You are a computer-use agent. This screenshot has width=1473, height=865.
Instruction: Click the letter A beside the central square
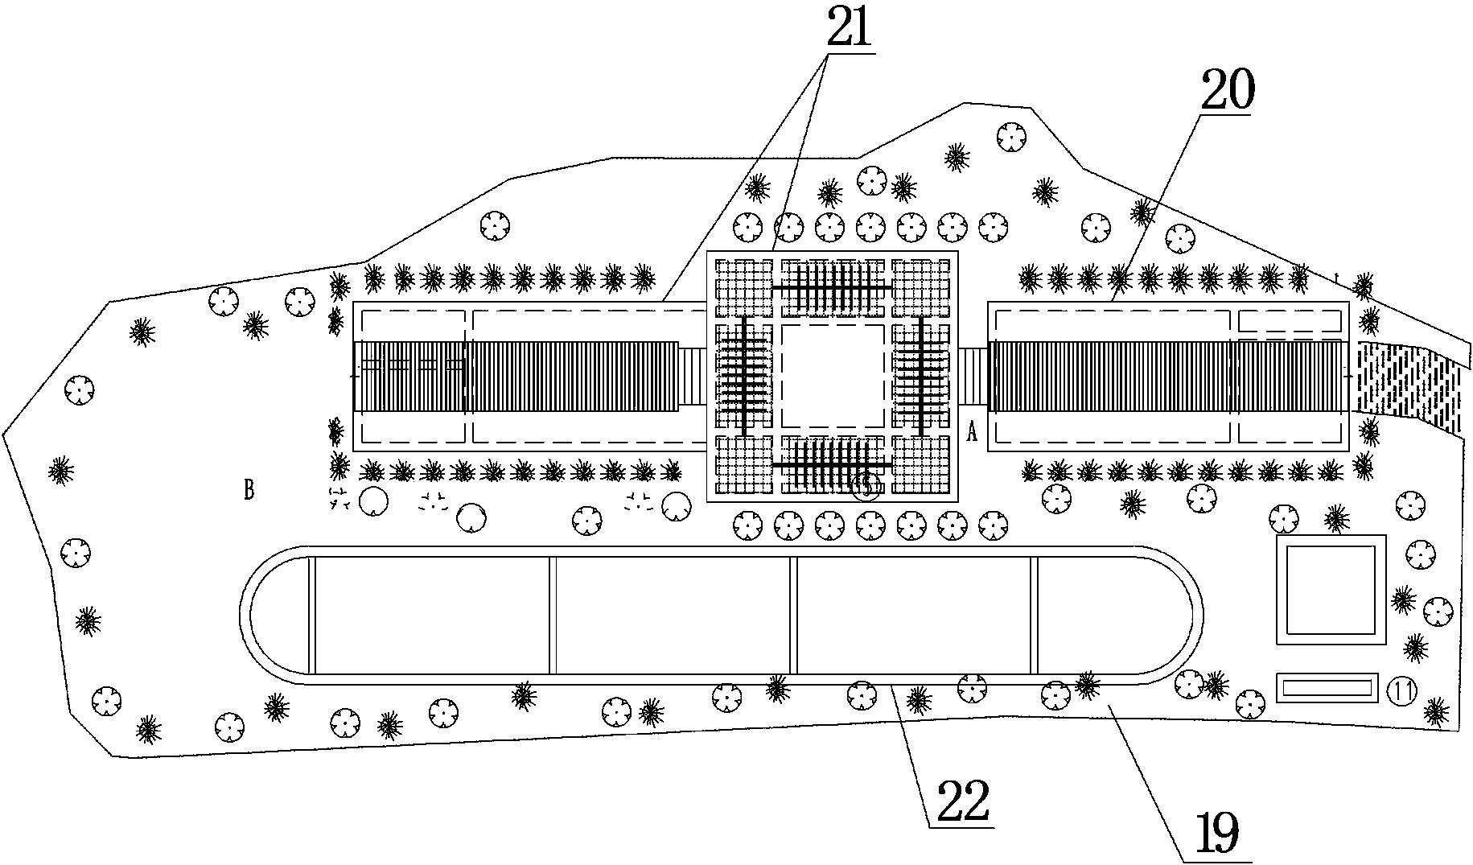point(972,433)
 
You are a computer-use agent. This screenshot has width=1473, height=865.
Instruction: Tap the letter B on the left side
point(249,489)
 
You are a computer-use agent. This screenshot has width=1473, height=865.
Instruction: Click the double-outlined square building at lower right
point(1330,590)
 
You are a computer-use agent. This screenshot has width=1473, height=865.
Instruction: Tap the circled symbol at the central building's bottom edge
point(866,486)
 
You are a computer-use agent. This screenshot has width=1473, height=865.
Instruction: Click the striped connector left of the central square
point(692,376)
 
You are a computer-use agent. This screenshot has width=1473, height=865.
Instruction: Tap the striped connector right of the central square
point(973,376)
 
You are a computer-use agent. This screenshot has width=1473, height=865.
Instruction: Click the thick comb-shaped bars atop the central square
point(832,287)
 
